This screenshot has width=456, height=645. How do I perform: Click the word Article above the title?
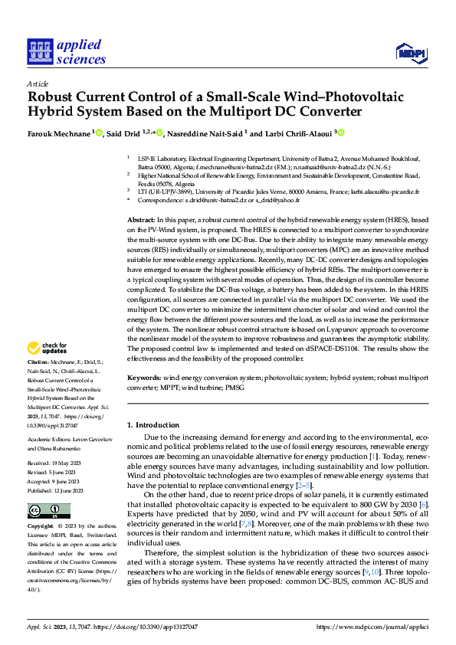(38, 83)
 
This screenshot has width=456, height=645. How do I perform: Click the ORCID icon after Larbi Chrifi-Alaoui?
(342, 133)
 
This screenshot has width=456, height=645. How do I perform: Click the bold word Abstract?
(143, 220)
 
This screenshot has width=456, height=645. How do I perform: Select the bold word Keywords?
(144, 378)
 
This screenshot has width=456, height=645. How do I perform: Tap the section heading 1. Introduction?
(152, 424)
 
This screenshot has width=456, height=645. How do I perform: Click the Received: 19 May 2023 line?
(54, 463)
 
